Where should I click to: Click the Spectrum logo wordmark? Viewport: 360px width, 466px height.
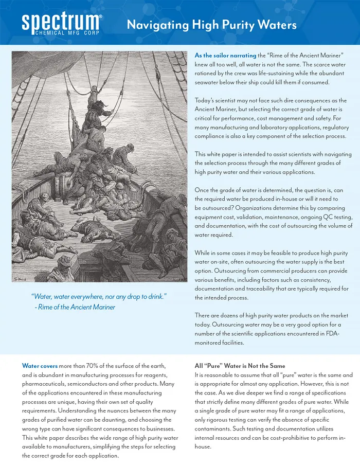[x=61, y=21]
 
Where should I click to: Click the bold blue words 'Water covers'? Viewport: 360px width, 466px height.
[x=39, y=366]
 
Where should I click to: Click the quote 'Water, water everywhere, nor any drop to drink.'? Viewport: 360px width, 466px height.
[x=99, y=297]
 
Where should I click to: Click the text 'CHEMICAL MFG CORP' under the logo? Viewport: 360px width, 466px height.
[x=61, y=33]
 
